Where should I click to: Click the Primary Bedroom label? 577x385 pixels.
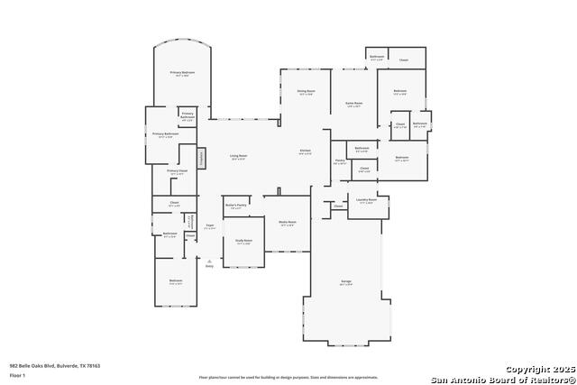point(182,73)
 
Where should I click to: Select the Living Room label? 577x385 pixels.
point(238,157)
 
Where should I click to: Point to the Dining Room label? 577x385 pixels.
point(306,92)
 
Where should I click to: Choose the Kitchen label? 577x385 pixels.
point(306,151)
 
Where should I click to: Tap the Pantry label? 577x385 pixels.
point(340,161)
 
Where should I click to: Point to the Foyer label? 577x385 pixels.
point(209,227)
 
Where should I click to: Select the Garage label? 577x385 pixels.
point(346,283)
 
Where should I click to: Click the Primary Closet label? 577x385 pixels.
point(177,171)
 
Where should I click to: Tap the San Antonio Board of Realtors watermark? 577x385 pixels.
point(503,379)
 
